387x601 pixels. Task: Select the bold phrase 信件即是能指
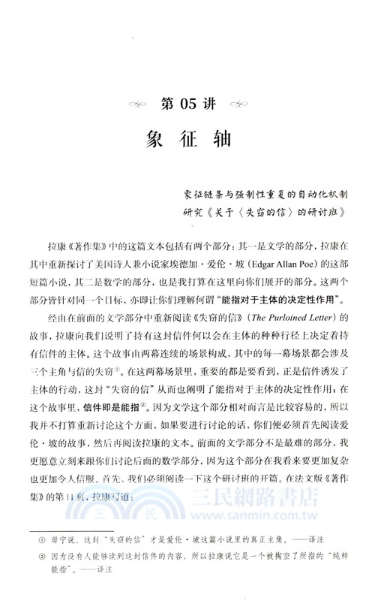point(113,406)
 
